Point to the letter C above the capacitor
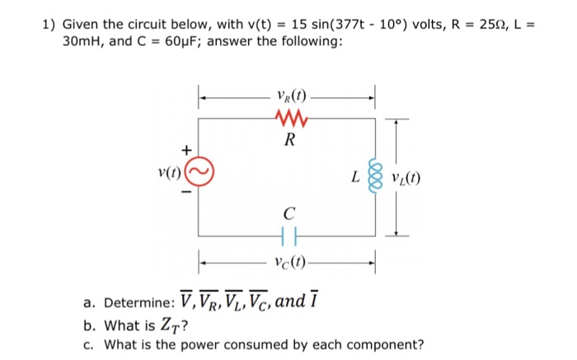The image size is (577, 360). [x=287, y=217]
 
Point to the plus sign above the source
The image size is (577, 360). [x=186, y=150]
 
